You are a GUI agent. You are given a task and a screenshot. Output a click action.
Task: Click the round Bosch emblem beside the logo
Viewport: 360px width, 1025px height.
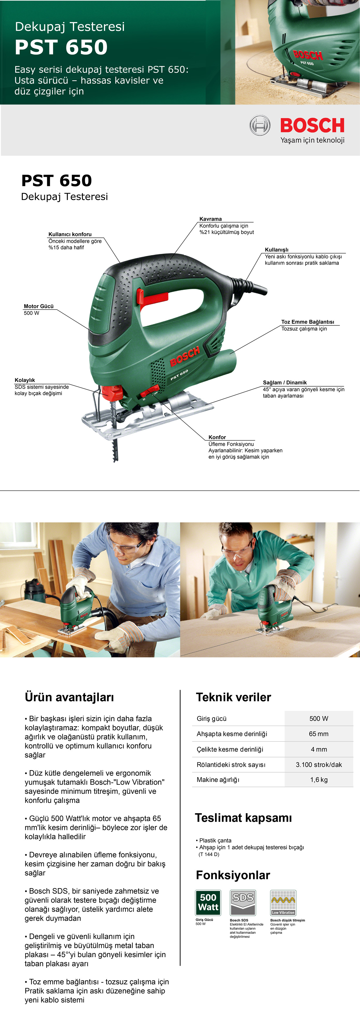pos(260,125)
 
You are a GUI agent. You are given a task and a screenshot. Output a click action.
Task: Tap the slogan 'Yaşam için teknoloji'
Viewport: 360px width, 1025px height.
pos(312,140)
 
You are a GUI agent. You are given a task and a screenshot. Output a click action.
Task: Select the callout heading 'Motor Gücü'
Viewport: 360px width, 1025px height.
pos(39,306)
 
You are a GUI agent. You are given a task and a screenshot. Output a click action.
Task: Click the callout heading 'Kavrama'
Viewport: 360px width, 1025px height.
pos(210,219)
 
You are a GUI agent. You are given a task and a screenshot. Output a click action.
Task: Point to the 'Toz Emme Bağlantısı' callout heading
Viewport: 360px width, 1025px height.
pos(308,322)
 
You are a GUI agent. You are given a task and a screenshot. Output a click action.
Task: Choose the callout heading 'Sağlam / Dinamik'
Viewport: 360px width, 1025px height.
pos(284,382)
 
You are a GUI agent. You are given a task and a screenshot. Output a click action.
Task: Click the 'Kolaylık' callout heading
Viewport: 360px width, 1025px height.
pos(25,380)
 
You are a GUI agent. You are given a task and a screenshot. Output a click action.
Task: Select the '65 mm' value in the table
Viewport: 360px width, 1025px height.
pos(319,734)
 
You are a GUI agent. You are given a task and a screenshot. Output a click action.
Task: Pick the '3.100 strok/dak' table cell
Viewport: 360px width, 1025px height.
pos(319,764)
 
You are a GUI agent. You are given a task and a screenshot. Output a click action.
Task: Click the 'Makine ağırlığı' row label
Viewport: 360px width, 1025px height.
pos(218,780)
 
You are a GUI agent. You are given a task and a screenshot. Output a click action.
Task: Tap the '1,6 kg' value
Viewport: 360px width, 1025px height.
pos(319,780)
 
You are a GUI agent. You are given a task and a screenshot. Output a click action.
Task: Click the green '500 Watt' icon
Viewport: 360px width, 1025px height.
pos(208,903)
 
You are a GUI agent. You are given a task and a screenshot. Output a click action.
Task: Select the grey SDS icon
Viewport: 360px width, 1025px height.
pos(243,903)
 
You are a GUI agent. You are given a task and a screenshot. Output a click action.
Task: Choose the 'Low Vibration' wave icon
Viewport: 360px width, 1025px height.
pos(283,903)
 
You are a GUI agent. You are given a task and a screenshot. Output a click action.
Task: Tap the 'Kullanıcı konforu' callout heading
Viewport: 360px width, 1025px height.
pos(70,234)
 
